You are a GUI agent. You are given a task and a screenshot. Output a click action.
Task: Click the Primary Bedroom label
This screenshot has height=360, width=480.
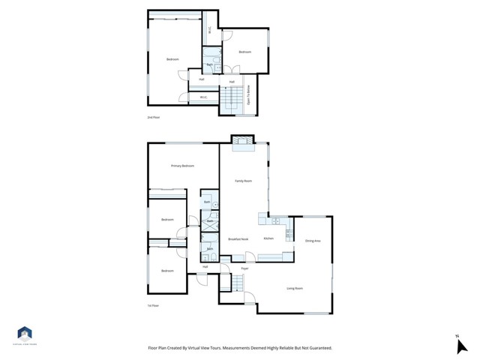point(182,166)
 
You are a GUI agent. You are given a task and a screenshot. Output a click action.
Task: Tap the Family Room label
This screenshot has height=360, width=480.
point(243,181)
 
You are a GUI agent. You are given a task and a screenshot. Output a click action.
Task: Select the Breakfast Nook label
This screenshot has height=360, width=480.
point(238,238)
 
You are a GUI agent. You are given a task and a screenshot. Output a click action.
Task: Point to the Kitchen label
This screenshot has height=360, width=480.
point(268,238)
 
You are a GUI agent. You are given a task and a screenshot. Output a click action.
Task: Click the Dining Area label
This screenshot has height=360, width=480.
point(313,241)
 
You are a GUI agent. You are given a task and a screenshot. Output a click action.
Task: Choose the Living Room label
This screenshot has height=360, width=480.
point(295,288)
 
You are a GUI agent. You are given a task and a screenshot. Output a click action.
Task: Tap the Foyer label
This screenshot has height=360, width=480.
point(244,268)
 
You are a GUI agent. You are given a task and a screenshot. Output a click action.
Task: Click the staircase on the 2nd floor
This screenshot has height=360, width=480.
point(233,97)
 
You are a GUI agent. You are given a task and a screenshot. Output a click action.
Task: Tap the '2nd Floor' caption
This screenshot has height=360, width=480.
point(153,118)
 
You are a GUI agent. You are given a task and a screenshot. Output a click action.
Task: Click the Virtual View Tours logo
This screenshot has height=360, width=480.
point(25,335)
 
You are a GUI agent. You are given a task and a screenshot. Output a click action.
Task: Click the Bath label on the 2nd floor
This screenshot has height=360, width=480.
point(209,66)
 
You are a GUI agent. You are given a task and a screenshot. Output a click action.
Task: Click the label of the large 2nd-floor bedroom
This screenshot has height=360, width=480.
point(172,59)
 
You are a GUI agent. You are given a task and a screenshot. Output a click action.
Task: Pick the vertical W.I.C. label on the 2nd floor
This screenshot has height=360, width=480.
point(210,31)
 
